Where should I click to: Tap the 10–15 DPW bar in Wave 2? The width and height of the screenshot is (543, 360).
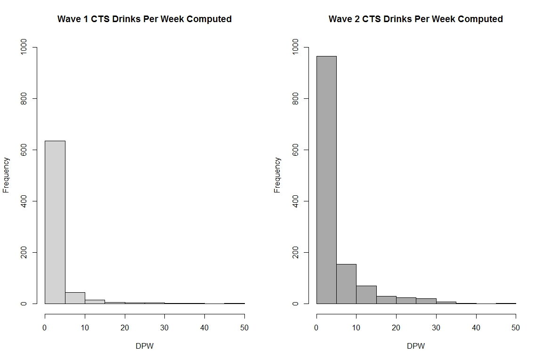click(x=366, y=295)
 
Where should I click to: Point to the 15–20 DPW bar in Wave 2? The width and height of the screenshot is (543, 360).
click(x=386, y=300)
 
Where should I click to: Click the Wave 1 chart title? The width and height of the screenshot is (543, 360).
click(x=144, y=19)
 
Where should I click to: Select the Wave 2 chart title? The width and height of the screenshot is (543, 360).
click(x=415, y=19)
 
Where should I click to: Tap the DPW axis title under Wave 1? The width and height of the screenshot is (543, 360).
click(x=144, y=346)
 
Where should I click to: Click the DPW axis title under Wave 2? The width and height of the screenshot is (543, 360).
click(x=415, y=346)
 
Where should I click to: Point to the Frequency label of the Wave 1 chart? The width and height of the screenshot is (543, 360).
click(x=6, y=175)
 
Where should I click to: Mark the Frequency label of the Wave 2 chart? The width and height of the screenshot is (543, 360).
click(x=277, y=175)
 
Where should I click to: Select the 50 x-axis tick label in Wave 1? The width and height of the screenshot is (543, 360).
click(x=244, y=328)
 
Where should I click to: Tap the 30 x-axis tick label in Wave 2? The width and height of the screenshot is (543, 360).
click(x=436, y=328)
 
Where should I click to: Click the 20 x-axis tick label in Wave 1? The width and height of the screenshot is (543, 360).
click(x=125, y=328)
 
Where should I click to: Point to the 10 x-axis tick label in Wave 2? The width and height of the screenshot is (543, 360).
click(x=356, y=328)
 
